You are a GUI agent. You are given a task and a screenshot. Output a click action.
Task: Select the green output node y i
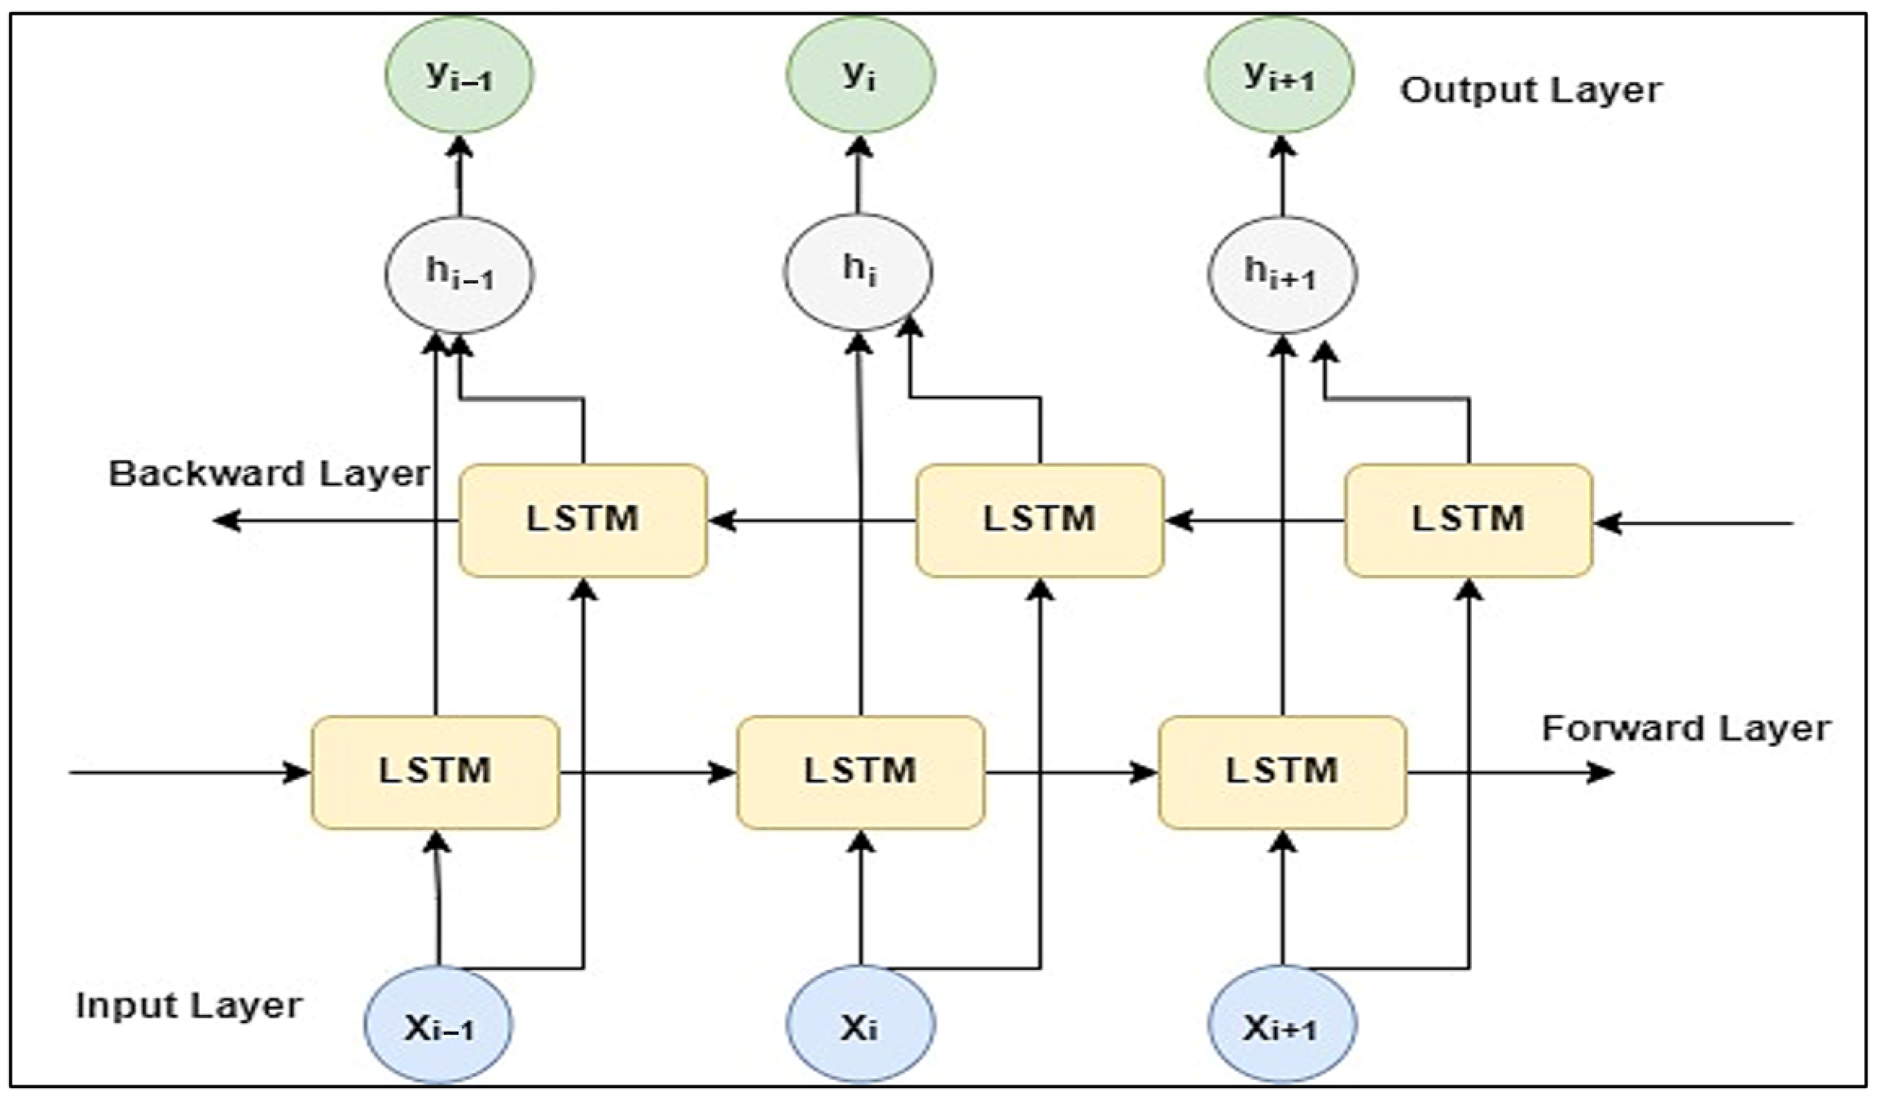pyautogui.click(x=860, y=75)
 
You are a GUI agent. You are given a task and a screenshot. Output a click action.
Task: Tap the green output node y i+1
pyautogui.click(x=1279, y=75)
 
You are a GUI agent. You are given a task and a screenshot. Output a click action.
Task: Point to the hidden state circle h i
pyautogui.click(x=858, y=272)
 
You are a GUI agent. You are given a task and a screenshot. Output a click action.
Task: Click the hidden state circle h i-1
pyautogui.click(x=459, y=274)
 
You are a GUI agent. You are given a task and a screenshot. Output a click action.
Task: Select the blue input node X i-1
pyautogui.click(x=438, y=1024)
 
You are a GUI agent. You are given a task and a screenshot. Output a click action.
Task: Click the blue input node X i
pyautogui.click(x=860, y=1024)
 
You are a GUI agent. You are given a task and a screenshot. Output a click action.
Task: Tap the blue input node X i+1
pyautogui.click(x=1282, y=1024)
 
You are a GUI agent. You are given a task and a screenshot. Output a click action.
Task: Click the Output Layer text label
pyautogui.click(x=1530, y=90)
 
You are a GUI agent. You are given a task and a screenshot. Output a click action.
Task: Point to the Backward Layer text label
pyautogui.click(x=270, y=474)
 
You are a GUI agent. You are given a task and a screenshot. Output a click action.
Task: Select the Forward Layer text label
pyautogui.click(x=1686, y=728)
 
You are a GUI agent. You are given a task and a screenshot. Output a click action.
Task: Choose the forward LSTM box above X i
pyautogui.click(x=860, y=772)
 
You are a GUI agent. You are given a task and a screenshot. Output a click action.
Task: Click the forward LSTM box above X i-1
pyautogui.click(x=435, y=772)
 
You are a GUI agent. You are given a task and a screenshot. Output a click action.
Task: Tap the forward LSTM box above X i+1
pyautogui.click(x=1282, y=772)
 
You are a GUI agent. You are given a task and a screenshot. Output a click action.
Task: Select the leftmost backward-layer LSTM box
pyautogui.click(x=583, y=520)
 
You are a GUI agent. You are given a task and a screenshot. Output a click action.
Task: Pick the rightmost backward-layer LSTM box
pyautogui.click(x=1468, y=520)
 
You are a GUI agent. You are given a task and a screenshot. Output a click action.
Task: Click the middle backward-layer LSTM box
pyautogui.click(x=1040, y=520)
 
